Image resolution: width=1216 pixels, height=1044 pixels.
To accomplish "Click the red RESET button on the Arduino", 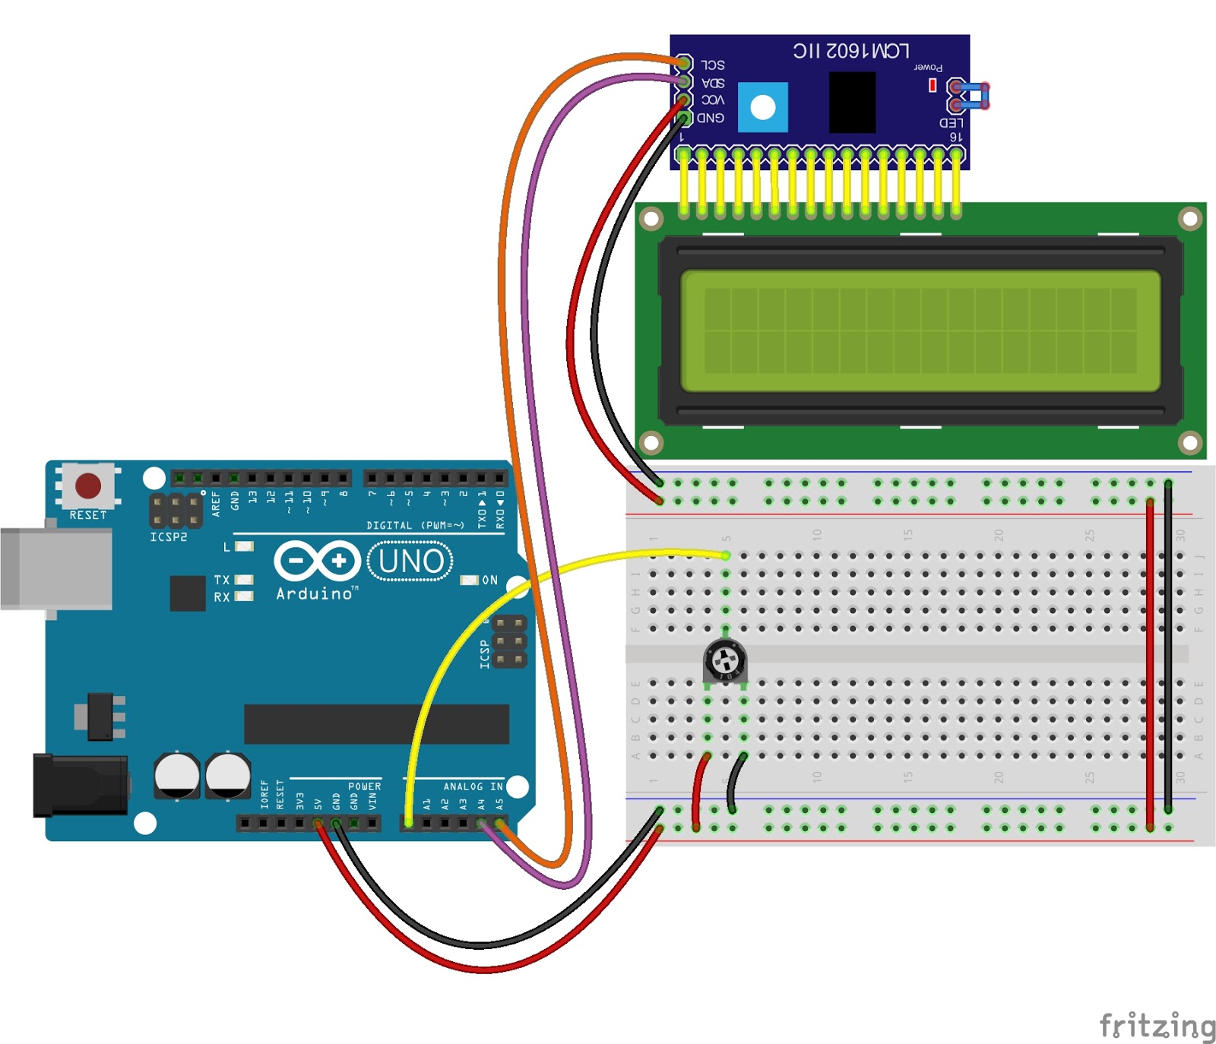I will point(88,486).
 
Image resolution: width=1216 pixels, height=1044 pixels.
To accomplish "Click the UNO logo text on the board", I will point(410,562).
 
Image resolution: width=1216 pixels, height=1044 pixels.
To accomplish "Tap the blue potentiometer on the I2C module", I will point(762,108).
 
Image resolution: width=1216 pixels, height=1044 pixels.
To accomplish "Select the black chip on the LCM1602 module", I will point(852,102).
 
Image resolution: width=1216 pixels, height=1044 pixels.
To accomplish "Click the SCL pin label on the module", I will point(712,65).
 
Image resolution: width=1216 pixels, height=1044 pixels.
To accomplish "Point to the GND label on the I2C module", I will point(711,118).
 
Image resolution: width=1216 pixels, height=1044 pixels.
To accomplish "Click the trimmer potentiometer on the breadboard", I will point(725,660).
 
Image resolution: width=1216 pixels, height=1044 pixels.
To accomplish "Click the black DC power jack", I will point(80,786).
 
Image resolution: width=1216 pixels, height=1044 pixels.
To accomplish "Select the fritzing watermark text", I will point(1157,1025).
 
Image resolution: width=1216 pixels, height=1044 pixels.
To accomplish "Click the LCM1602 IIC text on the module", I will point(850,51).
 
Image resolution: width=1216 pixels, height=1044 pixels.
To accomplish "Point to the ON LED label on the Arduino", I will point(489,581).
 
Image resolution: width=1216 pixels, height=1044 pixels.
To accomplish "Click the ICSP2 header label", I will point(168,537).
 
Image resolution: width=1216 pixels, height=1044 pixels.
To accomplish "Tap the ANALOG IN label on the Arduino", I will point(473,786).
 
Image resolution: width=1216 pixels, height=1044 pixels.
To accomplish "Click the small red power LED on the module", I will point(933,86).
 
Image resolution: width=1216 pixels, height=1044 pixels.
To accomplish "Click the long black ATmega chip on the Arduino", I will point(376,723).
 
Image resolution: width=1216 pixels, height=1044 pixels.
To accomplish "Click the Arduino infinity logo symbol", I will point(317,562).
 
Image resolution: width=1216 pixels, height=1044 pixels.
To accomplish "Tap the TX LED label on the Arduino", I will point(222,580).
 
